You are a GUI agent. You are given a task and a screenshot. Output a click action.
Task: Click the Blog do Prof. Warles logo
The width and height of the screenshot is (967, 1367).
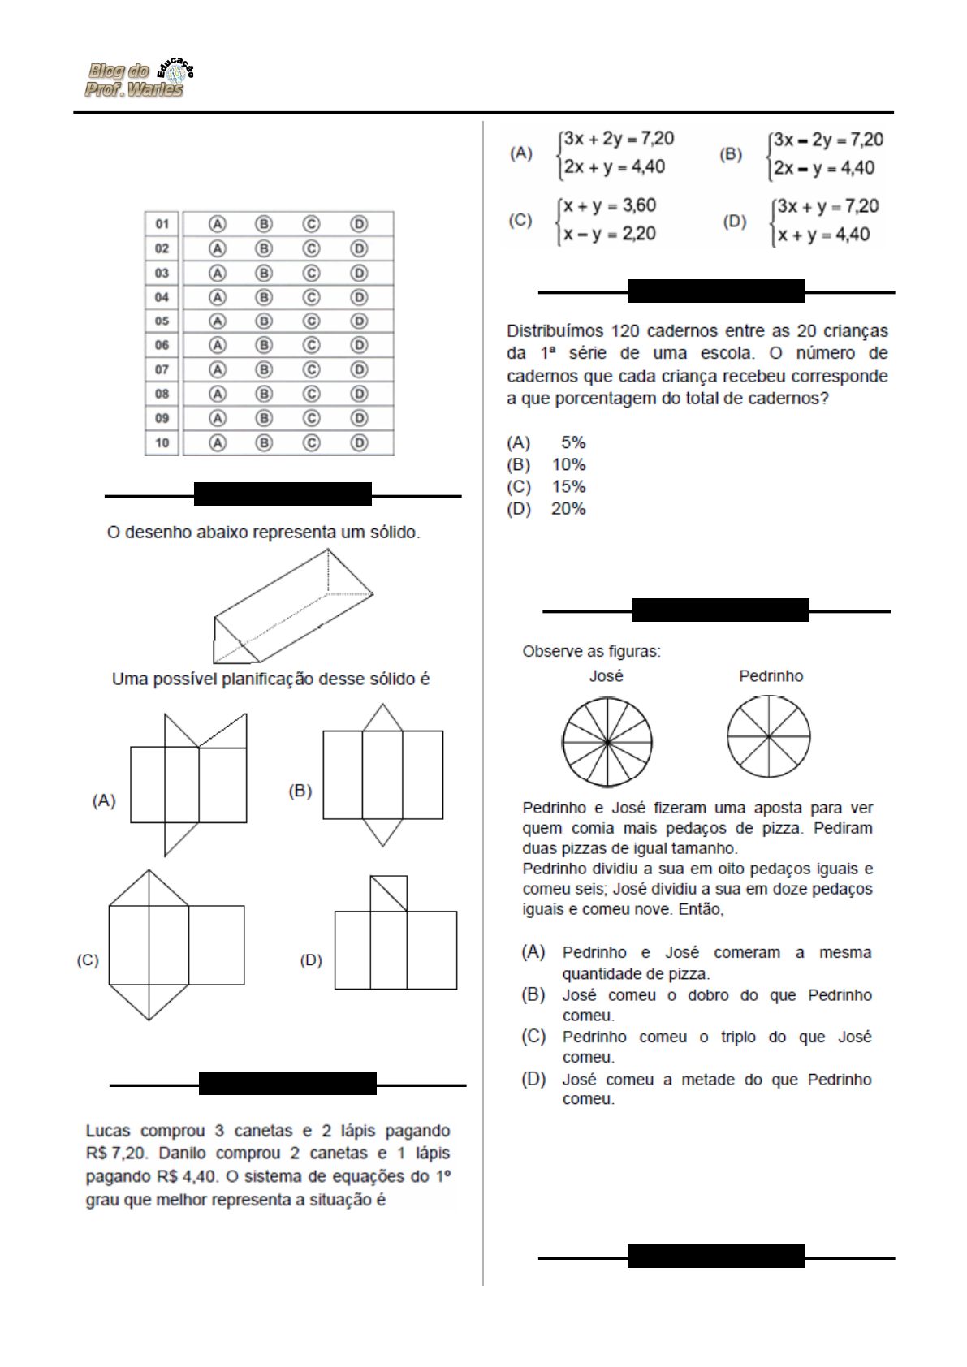pyautogui.click(x=139, y=80)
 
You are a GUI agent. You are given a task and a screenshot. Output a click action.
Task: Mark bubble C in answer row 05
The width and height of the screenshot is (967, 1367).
pyautogui.click(x=311, y=321)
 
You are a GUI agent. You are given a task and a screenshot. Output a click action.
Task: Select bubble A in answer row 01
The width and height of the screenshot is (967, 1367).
pyautogui.click(x=217, y=224)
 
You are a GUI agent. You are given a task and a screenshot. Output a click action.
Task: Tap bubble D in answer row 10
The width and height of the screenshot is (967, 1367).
pyautogui.click(x=359, y=443)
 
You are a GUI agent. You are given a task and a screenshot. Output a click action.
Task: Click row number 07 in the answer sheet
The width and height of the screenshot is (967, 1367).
pyautogui.click(x=162, y=370)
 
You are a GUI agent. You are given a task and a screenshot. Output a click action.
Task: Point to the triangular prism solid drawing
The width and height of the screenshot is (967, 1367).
pyautogui.click(x=292, y=606)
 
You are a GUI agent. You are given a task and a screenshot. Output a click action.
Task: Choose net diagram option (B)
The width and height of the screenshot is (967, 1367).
pyautogui.click(x=382, y=775)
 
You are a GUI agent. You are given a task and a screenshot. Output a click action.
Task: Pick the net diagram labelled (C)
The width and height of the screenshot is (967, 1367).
pyautogui.click(x=175, y=945)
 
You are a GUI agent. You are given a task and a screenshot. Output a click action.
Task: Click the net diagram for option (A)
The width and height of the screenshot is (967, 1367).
pyautogui.click(x=188, y=784)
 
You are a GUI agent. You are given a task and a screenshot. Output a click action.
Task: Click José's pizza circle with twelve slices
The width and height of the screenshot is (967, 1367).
pyautogui.click(x=607, y=742)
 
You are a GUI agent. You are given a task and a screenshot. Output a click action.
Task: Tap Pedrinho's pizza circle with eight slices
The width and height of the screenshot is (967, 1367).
pyautogui.click(x=768, y=737)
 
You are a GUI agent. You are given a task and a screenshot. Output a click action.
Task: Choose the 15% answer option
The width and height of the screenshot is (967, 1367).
pyautogui.click(x=568, y=487)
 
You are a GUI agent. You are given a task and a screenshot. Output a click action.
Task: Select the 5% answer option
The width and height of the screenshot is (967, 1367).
pyautogui.click(x=573, y=443)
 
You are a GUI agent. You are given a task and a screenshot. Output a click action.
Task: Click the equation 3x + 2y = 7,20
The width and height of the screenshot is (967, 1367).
pyautogui.click(x=619, y=139)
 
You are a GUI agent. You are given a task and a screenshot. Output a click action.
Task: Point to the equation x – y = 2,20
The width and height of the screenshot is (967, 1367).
pyautogui.click(x=610, y=235)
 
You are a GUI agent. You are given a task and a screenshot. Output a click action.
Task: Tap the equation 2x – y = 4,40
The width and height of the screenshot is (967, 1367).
pyautogui.click(x=824, y=168)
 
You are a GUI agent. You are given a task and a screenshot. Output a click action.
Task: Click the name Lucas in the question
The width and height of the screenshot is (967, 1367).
pyautogui.click(x=108, y=1131)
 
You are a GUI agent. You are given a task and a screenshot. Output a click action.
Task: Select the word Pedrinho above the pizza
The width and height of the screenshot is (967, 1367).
pyautogui.click(x=771, y=676)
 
